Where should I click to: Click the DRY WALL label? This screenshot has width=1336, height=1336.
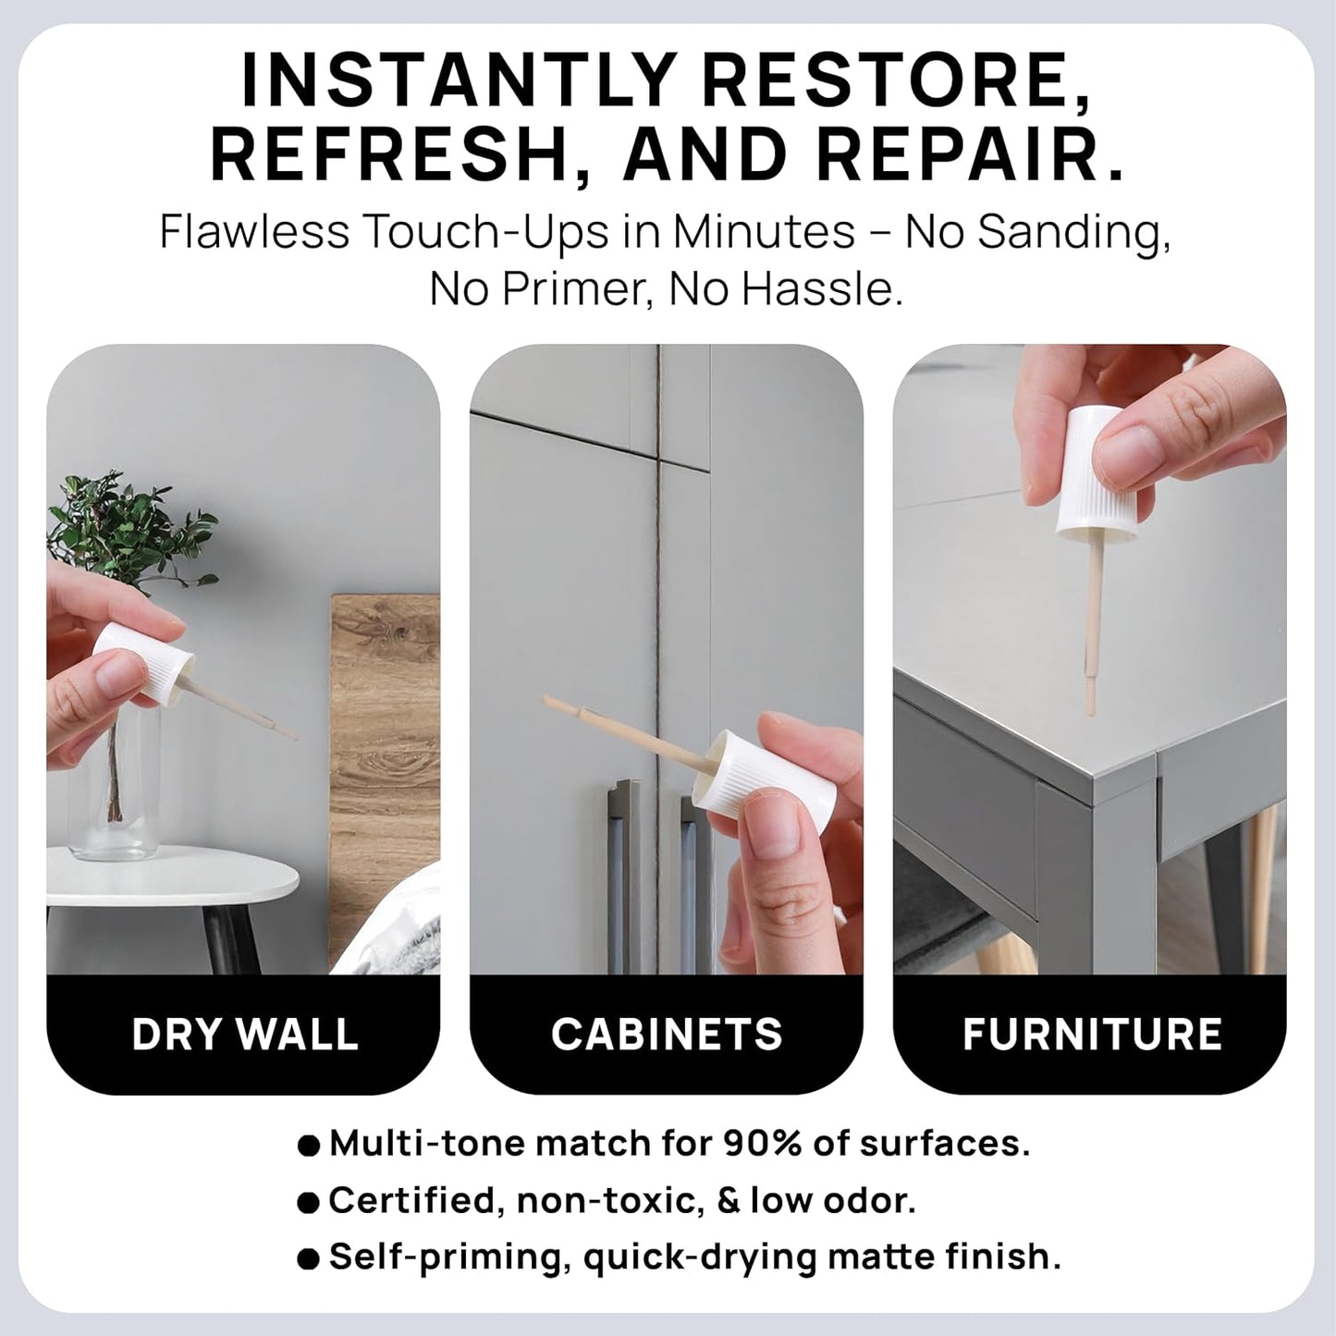pos(244,1034)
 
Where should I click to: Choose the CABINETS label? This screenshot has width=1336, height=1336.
pos(667,1034)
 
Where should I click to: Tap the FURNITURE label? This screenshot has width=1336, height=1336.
pos(1092,1034)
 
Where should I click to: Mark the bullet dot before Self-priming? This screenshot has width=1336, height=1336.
pos(309,1258)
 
